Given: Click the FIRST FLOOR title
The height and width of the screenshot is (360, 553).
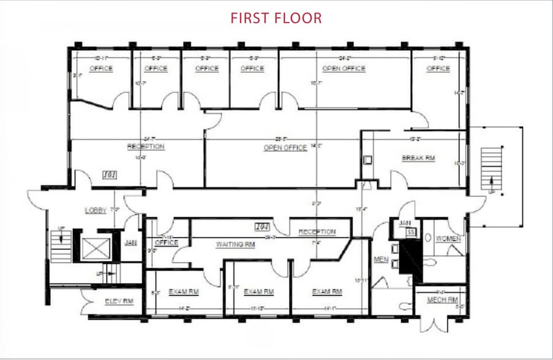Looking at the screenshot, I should point(276,18).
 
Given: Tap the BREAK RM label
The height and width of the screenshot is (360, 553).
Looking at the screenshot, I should point(418,158).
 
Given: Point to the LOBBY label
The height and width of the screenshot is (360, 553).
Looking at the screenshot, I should point(96,210).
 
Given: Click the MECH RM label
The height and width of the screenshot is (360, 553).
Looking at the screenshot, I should point(443,300).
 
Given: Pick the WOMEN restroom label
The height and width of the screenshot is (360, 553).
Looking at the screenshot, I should point(448,238).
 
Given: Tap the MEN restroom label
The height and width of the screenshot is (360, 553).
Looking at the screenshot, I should point(382,260).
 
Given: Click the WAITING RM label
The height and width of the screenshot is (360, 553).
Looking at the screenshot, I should point(235,244).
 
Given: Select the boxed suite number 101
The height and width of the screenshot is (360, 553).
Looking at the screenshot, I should point(110,175).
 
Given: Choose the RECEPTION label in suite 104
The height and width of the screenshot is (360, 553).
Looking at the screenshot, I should point(317,232).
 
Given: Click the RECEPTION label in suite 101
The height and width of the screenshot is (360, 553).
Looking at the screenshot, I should point(146,146).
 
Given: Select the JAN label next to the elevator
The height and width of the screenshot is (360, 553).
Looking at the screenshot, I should point(130,242).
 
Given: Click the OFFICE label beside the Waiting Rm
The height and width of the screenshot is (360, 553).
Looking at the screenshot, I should point(166,242).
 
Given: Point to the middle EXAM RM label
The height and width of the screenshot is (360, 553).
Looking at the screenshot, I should point(258,291).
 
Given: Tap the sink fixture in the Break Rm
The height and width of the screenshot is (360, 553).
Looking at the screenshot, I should point(367,160).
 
